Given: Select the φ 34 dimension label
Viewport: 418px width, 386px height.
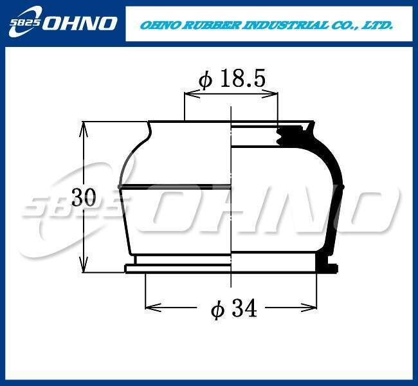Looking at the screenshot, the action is pos(234,308).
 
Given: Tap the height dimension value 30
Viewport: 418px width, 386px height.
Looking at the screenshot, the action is pos(84,197).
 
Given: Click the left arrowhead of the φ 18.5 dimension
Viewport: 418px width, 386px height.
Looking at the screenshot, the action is pos(192,94).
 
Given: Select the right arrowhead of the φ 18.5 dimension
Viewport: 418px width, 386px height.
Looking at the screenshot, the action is pos(270,94).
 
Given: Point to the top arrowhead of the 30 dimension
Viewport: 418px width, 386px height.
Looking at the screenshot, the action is pos(84,129).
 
